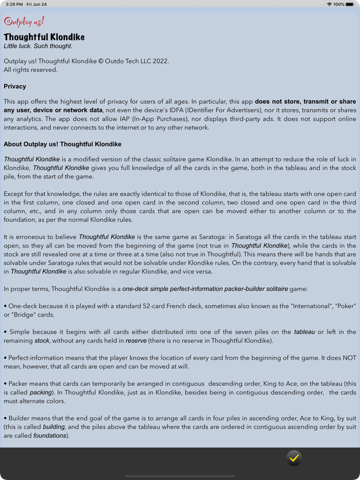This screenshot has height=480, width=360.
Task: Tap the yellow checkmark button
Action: coord(294,458)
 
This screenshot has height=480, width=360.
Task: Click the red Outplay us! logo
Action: coord(24,22)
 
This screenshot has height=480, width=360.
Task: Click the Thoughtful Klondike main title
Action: coord(44,37)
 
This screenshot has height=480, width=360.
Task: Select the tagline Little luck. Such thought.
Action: coord(38,46)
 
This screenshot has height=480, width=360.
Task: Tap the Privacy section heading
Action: coord(15,86)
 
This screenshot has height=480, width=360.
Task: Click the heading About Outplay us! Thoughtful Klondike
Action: coord(63,144)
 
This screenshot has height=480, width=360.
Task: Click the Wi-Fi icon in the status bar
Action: coord(329,4)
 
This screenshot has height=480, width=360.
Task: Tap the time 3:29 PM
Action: coord(14,4)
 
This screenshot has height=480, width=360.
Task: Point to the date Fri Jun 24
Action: coord(37,4)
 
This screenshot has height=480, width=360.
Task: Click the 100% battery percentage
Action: coord(339,4)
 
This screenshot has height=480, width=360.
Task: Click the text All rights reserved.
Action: coord(30,70)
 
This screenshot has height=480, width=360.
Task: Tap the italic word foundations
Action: coord(49,436)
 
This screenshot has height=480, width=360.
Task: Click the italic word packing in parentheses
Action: coord(41,393)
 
